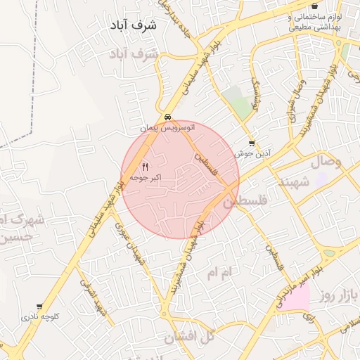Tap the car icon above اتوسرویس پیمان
pos(167,117)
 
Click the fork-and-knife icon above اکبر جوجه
pos(145,167)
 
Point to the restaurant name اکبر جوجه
pos(145,179)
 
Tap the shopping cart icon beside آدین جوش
pos(252,143)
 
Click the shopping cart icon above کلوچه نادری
pos(39,307)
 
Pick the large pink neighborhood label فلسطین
pos(246,202)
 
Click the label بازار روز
pos(337,293)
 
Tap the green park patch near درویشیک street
pos(242,105)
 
